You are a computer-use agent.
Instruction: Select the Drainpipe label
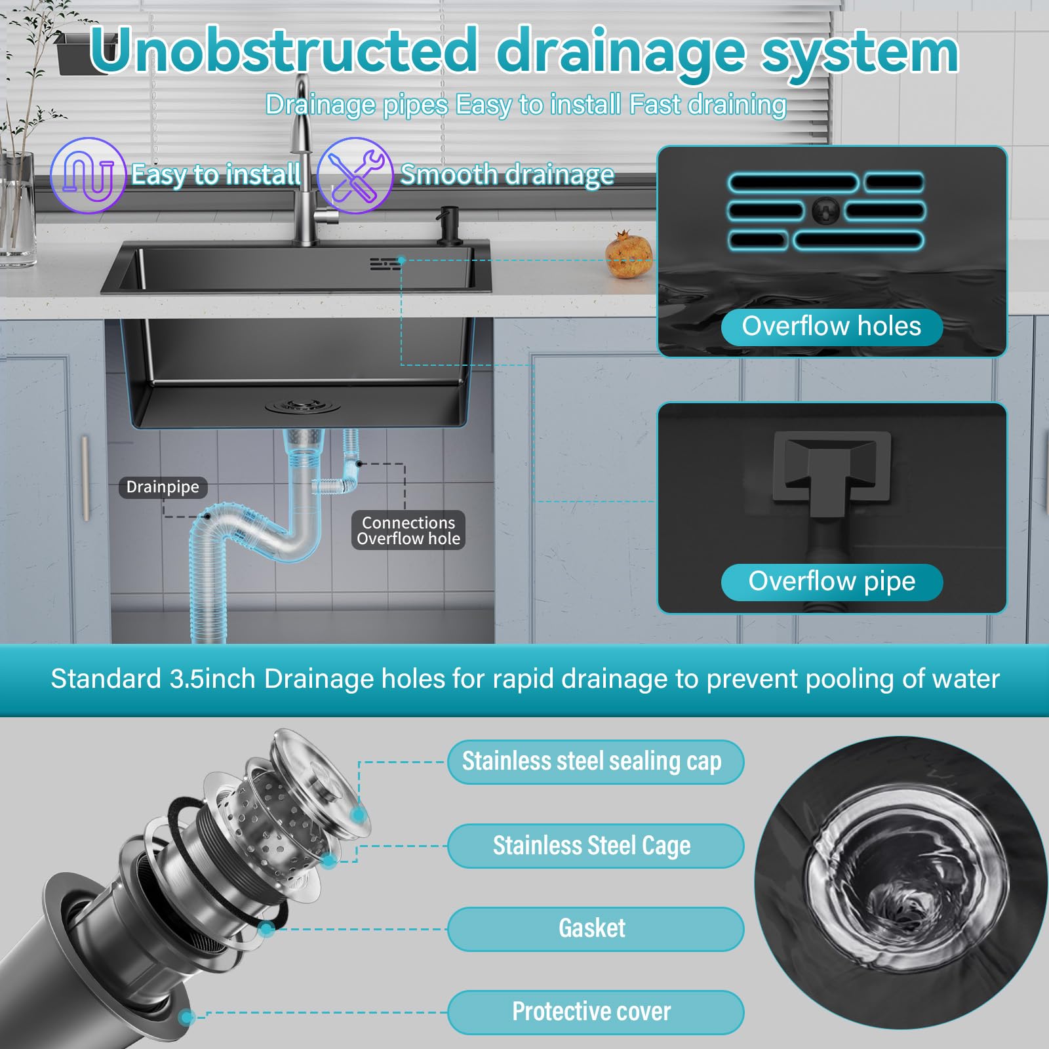coord(163,487)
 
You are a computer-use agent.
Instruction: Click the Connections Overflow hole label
coord(408,530)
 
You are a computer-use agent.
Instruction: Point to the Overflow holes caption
coord(831,327)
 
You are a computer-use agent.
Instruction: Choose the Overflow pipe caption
coord(831,582)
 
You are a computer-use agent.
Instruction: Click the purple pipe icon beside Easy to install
coord(88,175)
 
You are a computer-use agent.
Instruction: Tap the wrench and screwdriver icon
coord(355,175)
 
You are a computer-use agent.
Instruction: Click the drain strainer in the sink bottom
coord(303,406)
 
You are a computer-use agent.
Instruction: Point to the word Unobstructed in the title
coord(283,50)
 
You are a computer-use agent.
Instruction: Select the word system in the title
coord(860,52)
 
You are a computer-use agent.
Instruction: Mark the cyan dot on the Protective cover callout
coord(188,1017)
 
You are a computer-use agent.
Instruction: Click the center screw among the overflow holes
coord(825,210)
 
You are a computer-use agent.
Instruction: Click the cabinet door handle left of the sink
coord(85,479)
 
